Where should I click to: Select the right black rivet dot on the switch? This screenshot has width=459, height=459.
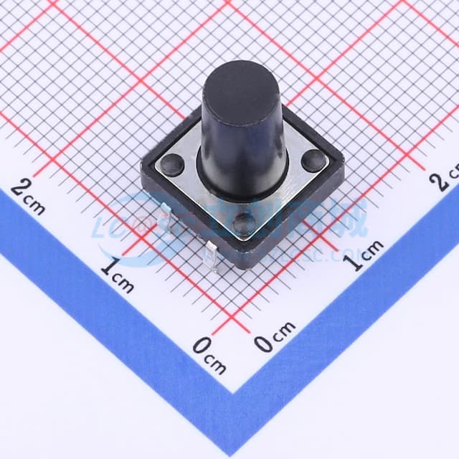point(312,161)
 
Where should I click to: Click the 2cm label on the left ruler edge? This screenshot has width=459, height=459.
point(29,197)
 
